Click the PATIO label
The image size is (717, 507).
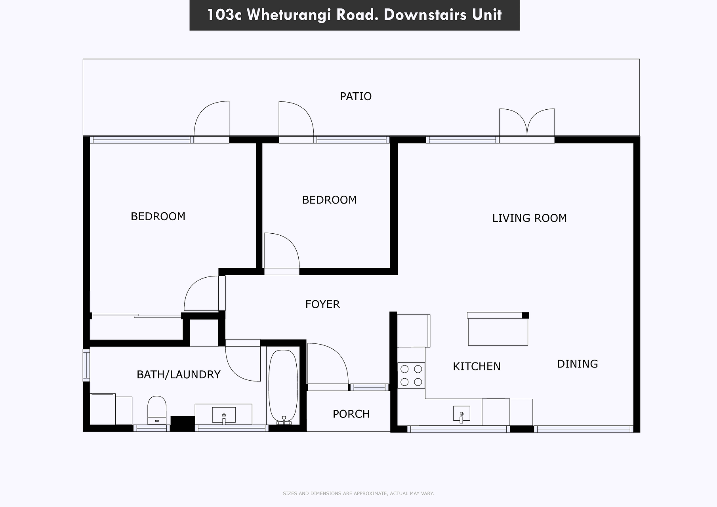356,96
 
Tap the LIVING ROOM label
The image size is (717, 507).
529,218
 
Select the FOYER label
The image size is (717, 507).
322,304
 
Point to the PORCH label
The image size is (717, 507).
351,414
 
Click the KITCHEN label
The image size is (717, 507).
477,366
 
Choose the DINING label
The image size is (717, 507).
577,364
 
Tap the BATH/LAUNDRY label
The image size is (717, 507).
178,374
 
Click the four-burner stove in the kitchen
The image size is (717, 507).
411,375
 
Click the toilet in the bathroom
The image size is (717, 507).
157,410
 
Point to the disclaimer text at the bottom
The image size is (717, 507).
358,494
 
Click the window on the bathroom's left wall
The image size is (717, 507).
86,365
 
